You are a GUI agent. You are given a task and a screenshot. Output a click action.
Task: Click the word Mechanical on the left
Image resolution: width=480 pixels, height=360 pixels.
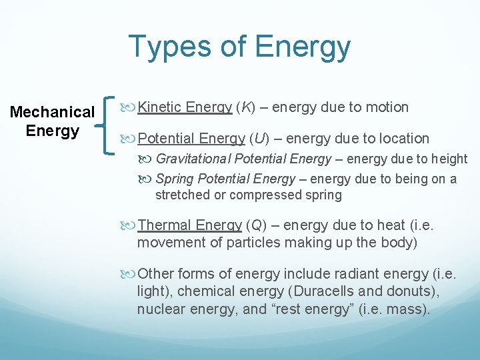point(53,112)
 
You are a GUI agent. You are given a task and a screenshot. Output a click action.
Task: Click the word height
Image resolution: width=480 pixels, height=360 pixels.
point(448,159)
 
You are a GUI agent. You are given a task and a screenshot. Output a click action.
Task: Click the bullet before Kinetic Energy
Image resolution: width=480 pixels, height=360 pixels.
point(129,107)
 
